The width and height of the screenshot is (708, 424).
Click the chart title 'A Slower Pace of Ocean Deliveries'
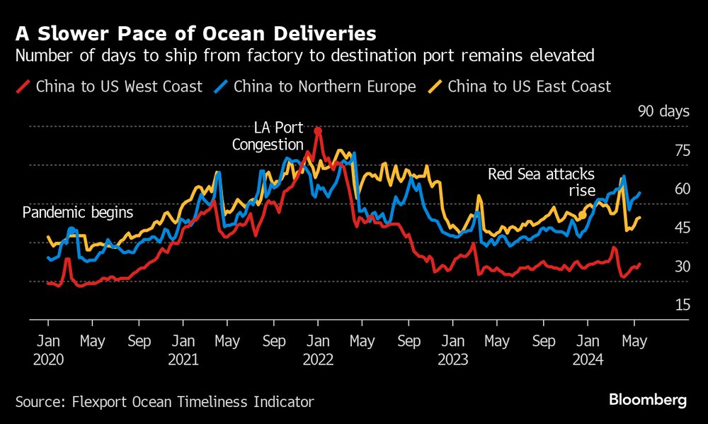tap(195, 33)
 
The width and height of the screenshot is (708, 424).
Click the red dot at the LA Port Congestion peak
tap(318, 130)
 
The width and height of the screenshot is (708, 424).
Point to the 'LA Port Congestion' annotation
tap(279, 136)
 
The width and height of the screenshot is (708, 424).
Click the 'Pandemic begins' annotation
tap(78, 212)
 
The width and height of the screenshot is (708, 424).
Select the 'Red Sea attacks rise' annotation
tap(542, 182)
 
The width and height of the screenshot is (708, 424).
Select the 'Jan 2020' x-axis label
tap(48, 350)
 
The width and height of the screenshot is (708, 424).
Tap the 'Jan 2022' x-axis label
tap(318, 350)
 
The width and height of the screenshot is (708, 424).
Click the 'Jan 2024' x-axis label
tap(588, 350)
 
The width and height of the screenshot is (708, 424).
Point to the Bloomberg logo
tap(648, 401)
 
